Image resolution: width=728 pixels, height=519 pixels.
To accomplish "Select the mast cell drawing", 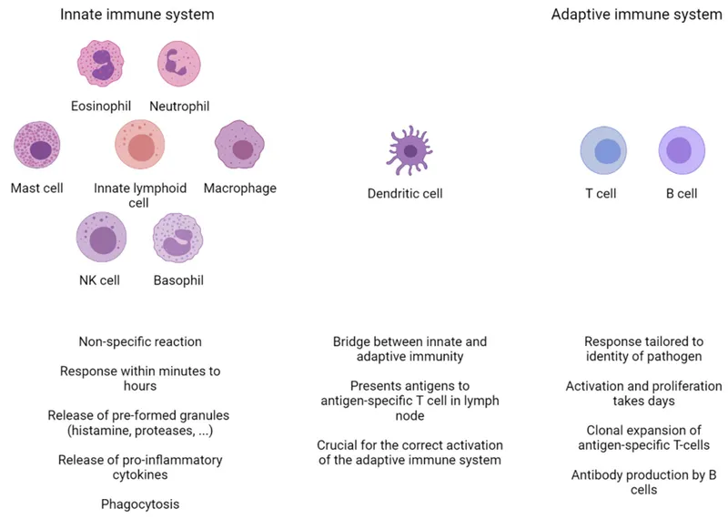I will (38, 148).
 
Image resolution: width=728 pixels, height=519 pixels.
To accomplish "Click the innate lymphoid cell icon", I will (140, 148).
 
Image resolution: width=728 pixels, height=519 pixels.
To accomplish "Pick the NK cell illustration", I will (102, 239).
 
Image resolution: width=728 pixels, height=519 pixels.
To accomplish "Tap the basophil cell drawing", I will (178, 239).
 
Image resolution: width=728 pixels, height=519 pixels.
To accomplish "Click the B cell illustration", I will (680, 151).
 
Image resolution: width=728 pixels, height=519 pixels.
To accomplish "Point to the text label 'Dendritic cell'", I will (405, 194).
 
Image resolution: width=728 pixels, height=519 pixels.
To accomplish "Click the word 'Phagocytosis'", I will (140, 504).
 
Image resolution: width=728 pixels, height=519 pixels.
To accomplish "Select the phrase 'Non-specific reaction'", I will (140, 342).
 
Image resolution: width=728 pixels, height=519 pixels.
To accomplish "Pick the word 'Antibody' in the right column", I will (597, 474).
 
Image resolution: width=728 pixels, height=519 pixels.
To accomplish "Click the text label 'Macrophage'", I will (240, 188).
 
